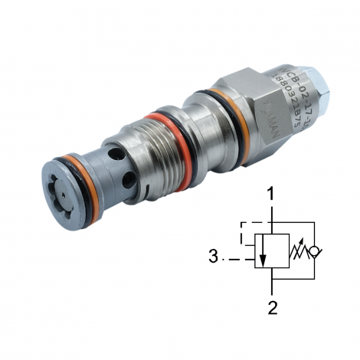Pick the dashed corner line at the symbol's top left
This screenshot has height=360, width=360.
(244, 224)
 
